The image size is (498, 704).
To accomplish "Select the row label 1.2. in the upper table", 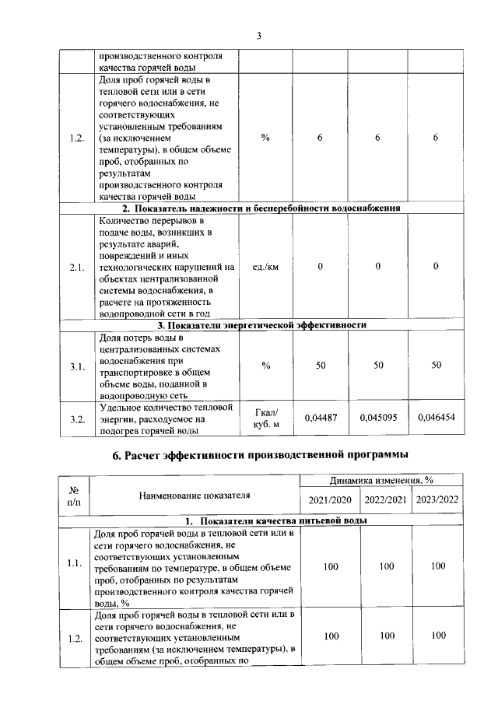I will click(x=76, y=138).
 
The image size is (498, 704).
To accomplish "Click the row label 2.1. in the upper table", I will click(x=76, y=267).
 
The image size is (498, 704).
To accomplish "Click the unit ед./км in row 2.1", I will click(x=265, y=267).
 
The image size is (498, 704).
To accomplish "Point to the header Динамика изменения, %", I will click(x=381, y=482).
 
